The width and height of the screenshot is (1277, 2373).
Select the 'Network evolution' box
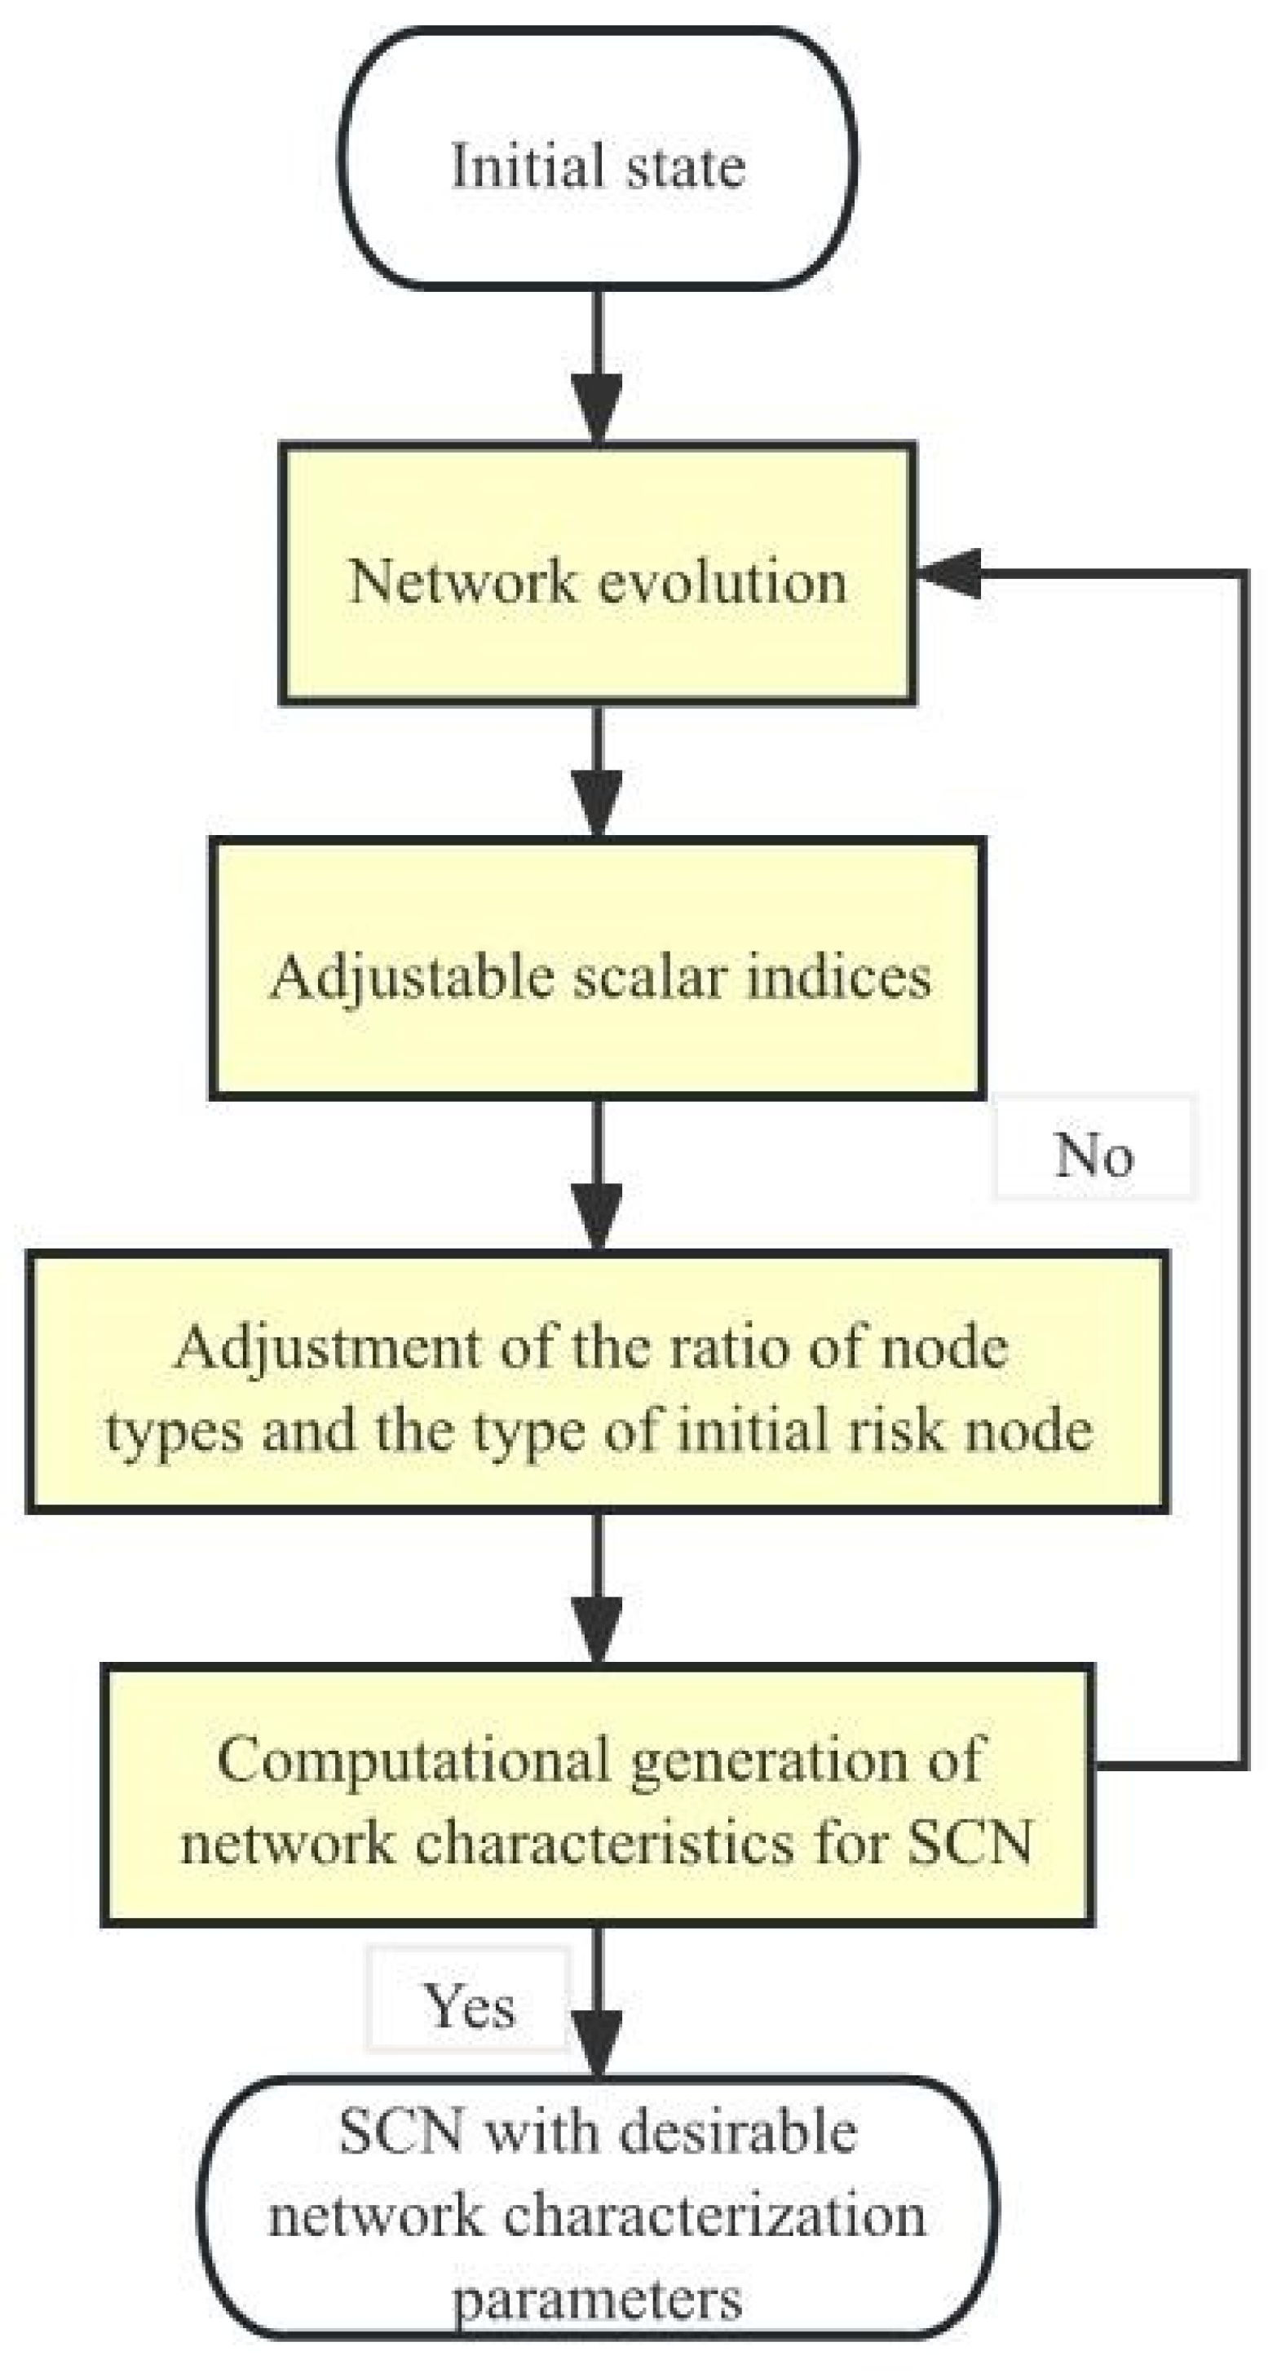click(x=597, y=576)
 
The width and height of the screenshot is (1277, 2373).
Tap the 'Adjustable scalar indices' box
click(x=598, y=968)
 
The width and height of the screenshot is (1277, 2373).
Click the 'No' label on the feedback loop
click(x=1094, y=1154)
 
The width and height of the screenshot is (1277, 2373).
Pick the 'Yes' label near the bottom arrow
click(x=468, y=2006)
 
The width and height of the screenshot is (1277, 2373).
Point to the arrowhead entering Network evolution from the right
click(x=949, y=573)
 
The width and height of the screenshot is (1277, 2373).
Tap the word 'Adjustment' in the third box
click(x=328, y=1349)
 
